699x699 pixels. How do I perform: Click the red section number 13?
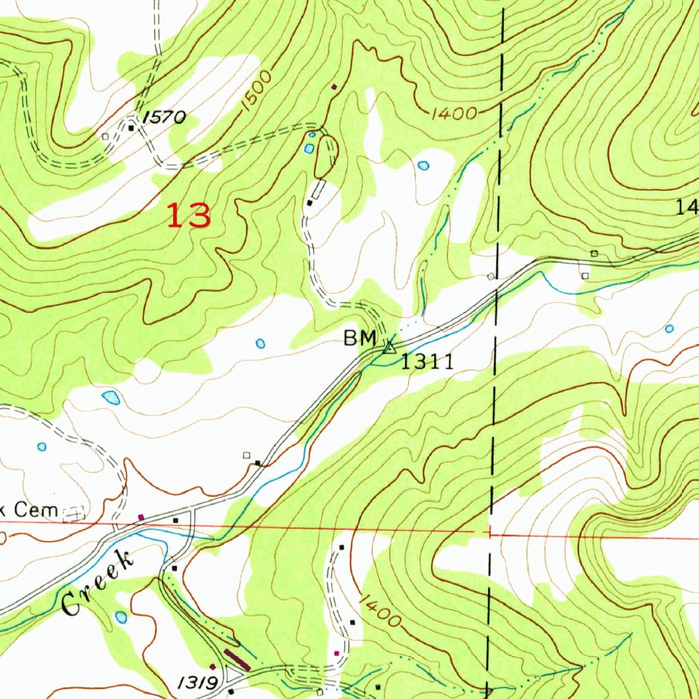click(x=189, y=216)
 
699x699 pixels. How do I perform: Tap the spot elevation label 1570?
click(x=165, y=118)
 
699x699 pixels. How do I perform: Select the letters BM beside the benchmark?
click(x=360, y=338)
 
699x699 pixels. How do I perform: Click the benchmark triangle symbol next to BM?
click(x=389, y=347)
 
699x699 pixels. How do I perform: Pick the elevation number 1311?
click(x=427, y=362)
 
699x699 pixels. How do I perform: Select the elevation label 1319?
click(x=199, y=682)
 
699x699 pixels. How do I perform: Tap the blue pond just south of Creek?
click(x=121, y=617)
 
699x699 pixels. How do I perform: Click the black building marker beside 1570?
click(x=131, y=127)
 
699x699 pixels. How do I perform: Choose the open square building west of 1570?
click(x=105, y=137)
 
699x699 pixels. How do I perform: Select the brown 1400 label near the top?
click(x=453, y=113)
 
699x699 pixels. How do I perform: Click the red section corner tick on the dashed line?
click(x=489, y=532)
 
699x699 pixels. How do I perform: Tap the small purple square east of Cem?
click(x=141, y=517)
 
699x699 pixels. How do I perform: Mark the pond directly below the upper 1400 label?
click(x=423, y=165)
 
